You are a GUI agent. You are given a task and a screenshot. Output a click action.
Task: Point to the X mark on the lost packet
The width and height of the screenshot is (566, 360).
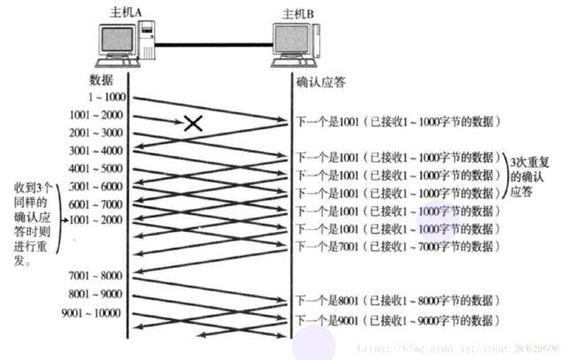(193, 124)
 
